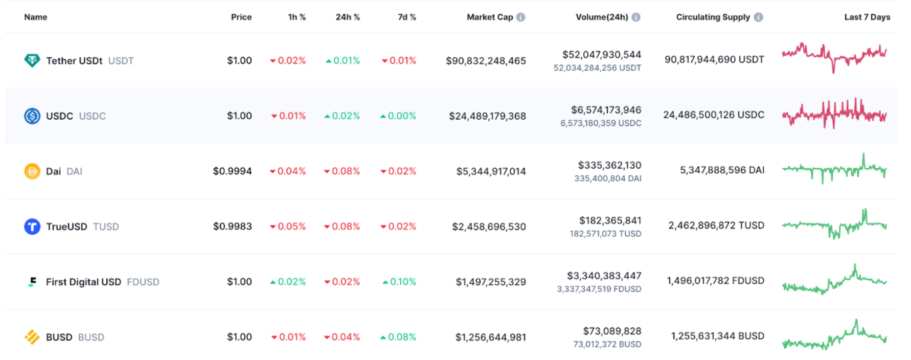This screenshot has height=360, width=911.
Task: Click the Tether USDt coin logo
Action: [32, 60]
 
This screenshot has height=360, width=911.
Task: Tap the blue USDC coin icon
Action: [32, 116]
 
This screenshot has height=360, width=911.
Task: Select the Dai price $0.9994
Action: [232, 171]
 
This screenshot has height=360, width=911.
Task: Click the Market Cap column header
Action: [489, 17]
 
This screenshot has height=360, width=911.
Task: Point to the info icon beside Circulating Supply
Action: [759, 17]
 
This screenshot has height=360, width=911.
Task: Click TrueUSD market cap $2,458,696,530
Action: [489, 227]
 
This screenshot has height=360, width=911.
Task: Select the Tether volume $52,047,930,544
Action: [602, 55]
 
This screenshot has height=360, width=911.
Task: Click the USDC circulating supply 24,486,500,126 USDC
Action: [714, 115]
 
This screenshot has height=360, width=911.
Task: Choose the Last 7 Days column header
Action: [867, 17]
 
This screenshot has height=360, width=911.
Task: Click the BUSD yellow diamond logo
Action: [32, 337]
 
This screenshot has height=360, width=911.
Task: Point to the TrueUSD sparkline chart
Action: [834, 224]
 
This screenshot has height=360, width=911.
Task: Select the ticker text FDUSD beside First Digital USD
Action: [143, 282]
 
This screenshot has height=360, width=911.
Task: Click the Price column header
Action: [241, 17]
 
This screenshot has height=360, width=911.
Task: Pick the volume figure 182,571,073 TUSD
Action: [605, 234]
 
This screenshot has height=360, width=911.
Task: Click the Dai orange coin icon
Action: [32, 171]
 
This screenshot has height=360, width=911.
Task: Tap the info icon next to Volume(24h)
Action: [636, 17]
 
